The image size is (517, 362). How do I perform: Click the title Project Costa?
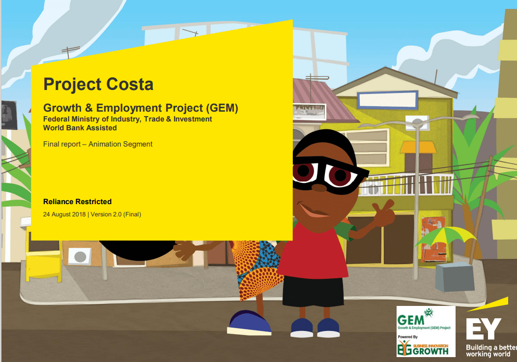[98, 84]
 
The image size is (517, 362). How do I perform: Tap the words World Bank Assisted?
[80, 128]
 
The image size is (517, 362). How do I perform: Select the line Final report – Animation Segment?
[98, 144]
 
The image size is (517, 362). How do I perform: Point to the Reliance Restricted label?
[77, 202]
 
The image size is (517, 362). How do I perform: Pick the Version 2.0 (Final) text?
[116, 214]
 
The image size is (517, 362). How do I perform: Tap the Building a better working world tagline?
[490, 351]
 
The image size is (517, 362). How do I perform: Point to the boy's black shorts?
[313, 291]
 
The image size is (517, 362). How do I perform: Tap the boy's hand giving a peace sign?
[383, 212]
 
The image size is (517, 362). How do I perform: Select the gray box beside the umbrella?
[455, 276]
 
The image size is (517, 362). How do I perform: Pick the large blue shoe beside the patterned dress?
[250, 323]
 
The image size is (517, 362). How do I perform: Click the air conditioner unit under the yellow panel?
[79, 255]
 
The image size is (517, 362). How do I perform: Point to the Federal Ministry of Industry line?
[128, 119]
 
